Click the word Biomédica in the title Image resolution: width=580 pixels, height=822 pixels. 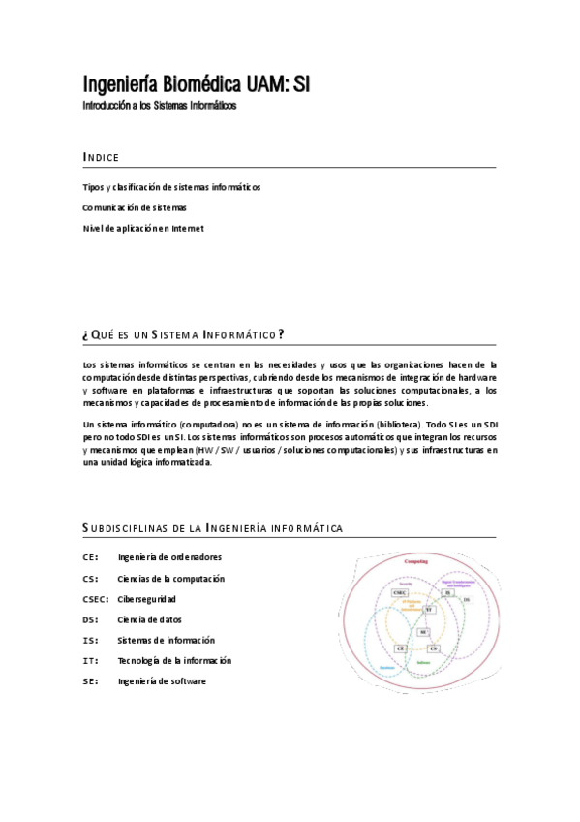point(183,84)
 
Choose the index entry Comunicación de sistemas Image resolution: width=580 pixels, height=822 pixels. point(135,207)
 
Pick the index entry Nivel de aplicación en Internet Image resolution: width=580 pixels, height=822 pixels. point(143,229)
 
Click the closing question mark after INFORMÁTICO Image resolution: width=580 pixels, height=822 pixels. point(281,334)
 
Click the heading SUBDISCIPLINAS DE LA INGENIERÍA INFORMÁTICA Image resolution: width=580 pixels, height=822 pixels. point(213,528)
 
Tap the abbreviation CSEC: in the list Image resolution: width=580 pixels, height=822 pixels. point(96,599)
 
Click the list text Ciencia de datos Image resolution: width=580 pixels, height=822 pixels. point(149,619)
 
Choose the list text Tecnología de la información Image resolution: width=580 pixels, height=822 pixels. point(174,661)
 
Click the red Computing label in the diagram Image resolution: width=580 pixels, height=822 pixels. point(416,561)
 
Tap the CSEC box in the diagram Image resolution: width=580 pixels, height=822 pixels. point(400,592)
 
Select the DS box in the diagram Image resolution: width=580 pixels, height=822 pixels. point(467,600)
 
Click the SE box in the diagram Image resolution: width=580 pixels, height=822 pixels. point(423,631)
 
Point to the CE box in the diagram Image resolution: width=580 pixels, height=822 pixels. point(400,648)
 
